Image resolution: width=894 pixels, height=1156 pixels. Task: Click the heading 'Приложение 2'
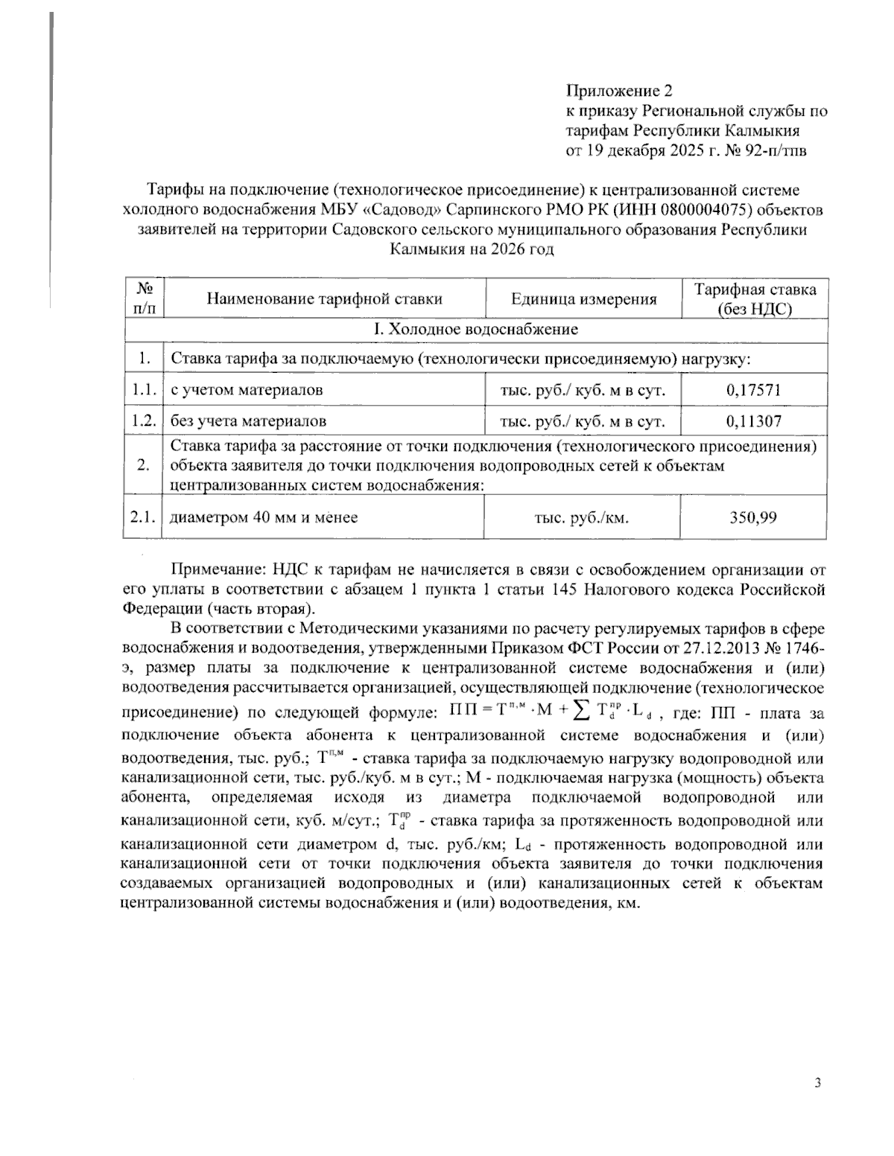coord(619,92)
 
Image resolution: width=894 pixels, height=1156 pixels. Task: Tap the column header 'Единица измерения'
coord(583,299)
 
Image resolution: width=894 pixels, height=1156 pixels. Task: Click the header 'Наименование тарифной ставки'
coord(324,299)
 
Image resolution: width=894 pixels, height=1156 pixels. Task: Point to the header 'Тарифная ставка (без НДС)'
coord(755,299)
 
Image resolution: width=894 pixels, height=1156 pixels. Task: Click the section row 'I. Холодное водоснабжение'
coord(475,329)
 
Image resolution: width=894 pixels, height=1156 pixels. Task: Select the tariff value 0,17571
coord(753,389)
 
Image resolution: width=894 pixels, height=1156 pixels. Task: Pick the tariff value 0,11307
coord(753,421)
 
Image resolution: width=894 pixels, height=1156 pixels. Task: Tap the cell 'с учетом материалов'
coord(247,389)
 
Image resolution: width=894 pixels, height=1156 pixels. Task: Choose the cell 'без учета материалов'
coord(248,421)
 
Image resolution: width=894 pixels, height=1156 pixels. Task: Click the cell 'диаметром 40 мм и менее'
coord(264,517)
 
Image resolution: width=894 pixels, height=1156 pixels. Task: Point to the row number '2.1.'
coord(142,517)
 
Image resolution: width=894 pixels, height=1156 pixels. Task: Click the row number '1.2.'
coord(142,421)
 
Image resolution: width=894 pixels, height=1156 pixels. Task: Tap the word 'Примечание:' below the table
coord(218,571)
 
